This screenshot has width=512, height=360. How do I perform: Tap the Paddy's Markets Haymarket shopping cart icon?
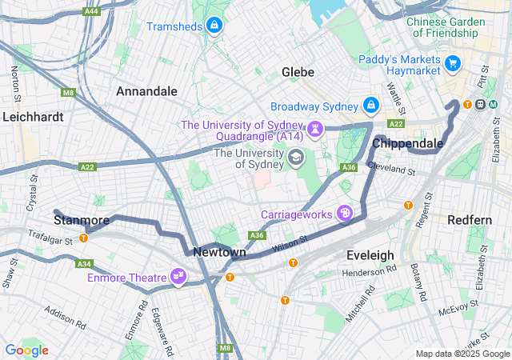point(453,62)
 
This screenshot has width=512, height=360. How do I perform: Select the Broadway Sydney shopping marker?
point(371,106)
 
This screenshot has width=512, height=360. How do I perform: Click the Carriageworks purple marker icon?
point(344,214)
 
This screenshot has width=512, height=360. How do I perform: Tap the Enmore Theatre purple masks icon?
point(178,278)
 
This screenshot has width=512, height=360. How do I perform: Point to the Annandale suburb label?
point(146,91)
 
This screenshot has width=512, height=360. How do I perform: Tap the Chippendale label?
point(408,143)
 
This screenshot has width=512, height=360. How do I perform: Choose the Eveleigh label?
point(370,254)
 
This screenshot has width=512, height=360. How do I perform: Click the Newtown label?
point(219,252)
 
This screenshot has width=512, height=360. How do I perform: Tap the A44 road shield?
point(92,10)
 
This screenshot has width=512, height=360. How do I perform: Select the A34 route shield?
point(84,263)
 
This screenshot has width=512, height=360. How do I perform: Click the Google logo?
point(26,350)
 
